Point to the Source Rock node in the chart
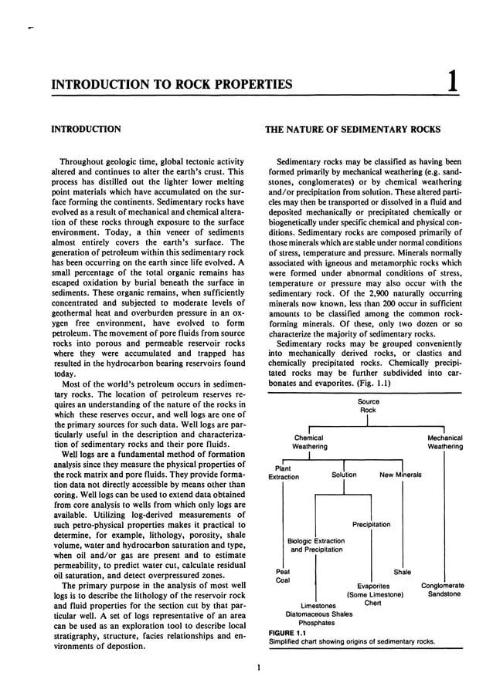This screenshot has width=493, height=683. pyautogui.click(x=368, y=406)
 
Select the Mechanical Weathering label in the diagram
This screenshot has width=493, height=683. pyautogui.click(x=445, y=442)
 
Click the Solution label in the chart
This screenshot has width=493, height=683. pyautogui.click(x=344, y=475)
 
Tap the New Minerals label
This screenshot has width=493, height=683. pyautogui.click(x=400, y=475)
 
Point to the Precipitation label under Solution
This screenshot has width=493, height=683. pyautogui.click(x=371, y=525)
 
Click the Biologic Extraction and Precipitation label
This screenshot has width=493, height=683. pyautogui.click(x=315, y=546)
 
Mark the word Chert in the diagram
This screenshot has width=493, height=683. pyautogui.click(x=372, y=604)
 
